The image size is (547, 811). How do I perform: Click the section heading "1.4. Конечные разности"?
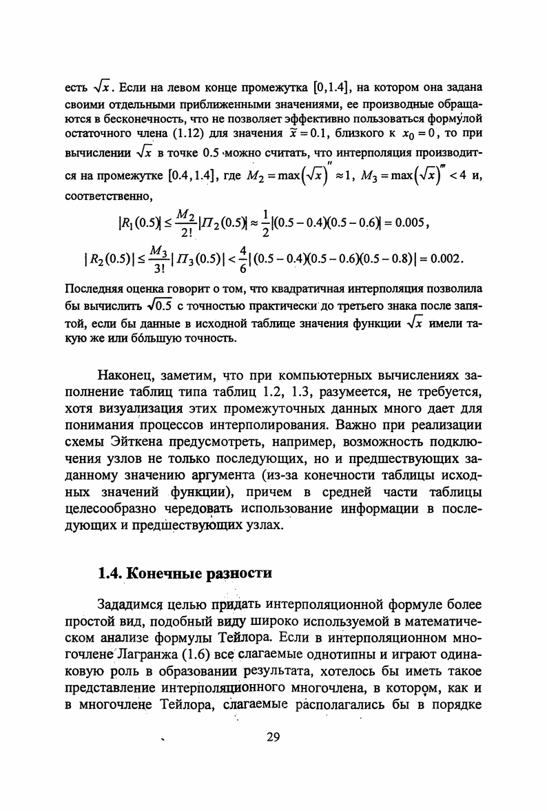pyautogui.click(x=185, y=573)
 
